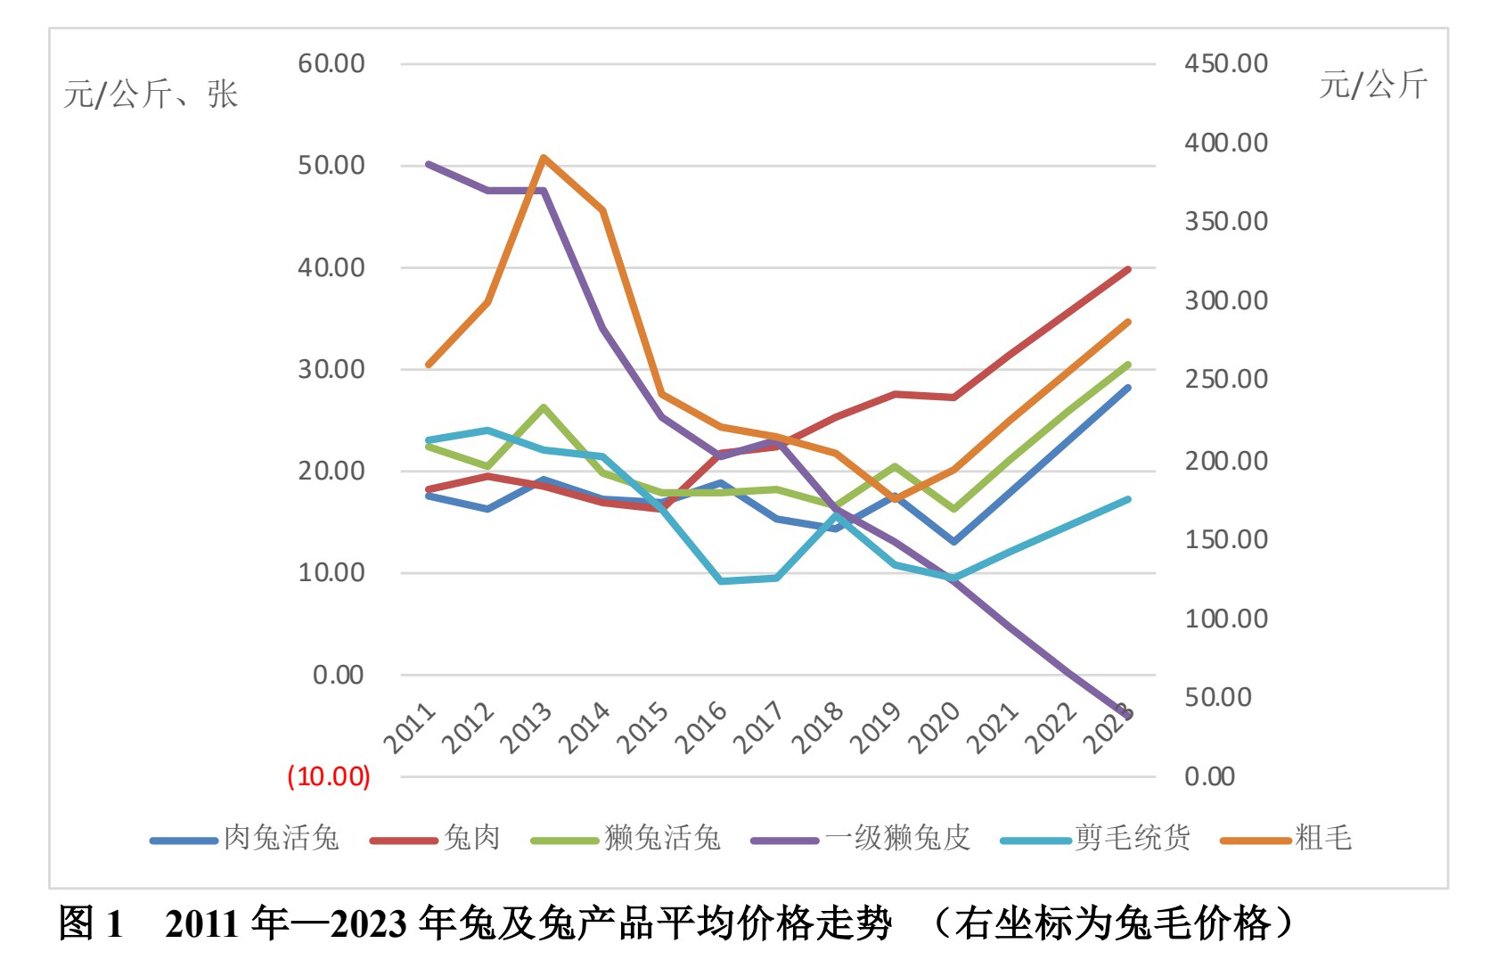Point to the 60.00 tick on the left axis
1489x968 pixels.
click(331, 64)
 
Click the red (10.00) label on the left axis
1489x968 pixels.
click(328, 776)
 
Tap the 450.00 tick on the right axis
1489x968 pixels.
click(1225, 64)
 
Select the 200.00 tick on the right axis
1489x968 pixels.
click(1225, 461)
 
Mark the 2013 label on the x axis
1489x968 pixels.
click(526, 727)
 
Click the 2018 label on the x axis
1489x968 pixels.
click(817, 727)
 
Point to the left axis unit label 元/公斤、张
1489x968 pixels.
click(151, 94)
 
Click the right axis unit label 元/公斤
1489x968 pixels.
click(1373, 85)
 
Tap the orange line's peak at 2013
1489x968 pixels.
click(544, 158)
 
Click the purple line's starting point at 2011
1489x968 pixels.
click(429, 165)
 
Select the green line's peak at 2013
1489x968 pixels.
click(544, 407)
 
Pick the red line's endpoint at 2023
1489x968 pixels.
click(1128, 269)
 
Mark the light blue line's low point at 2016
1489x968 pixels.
click(721, 581)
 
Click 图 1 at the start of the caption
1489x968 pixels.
click(90, 923)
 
